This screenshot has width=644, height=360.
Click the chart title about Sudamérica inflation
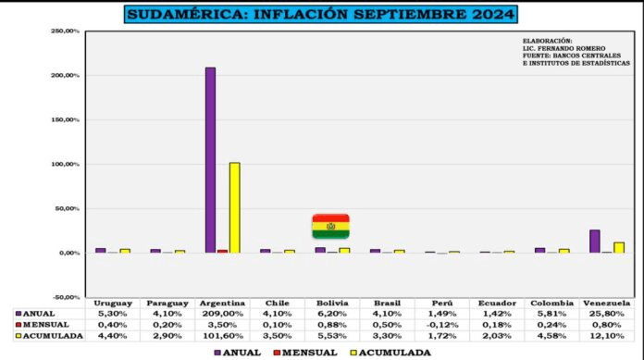coord(320,15)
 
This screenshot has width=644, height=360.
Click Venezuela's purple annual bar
coord(595,241)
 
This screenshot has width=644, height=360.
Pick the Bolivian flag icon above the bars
coord(331,226)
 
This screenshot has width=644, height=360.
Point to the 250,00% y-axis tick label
coord(64,31)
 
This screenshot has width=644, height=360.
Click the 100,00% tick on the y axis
coord(64,165)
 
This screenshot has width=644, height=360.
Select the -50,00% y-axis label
coord(64,298)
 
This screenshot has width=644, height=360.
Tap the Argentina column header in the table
coord(222,304)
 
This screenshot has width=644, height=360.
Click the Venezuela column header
coord(607,304)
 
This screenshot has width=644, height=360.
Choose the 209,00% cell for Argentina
coord(222,314)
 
